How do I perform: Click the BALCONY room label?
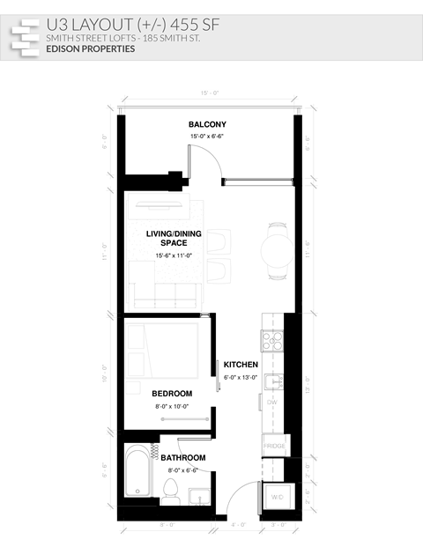207,125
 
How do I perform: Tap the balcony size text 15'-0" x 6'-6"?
207,137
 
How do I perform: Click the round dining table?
278,251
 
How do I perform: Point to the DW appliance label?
272,402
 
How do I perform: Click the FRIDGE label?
274,447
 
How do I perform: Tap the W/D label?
277,497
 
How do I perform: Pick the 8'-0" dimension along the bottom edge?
167,525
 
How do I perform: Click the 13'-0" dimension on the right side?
308,383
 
